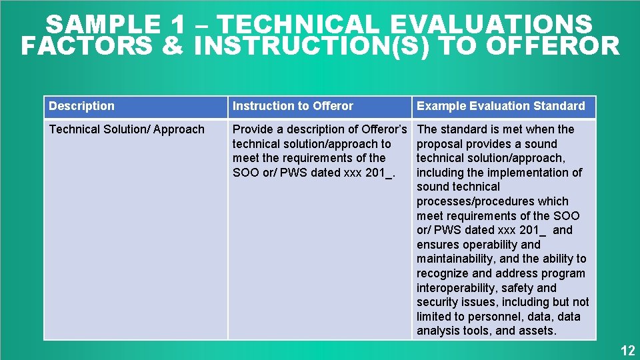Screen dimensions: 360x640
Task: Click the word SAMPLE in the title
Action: click(102, 25)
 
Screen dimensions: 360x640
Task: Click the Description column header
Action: click(81, 106)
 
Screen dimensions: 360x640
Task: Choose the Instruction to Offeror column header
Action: click(293, 106)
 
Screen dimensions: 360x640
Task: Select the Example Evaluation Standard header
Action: click(501, 106)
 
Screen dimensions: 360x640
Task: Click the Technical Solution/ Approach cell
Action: click(127, 129)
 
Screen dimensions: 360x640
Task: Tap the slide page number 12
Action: click(627, 351)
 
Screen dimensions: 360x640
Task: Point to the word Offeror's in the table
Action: click(384, 129)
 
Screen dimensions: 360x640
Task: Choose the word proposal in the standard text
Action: click(438, 144)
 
